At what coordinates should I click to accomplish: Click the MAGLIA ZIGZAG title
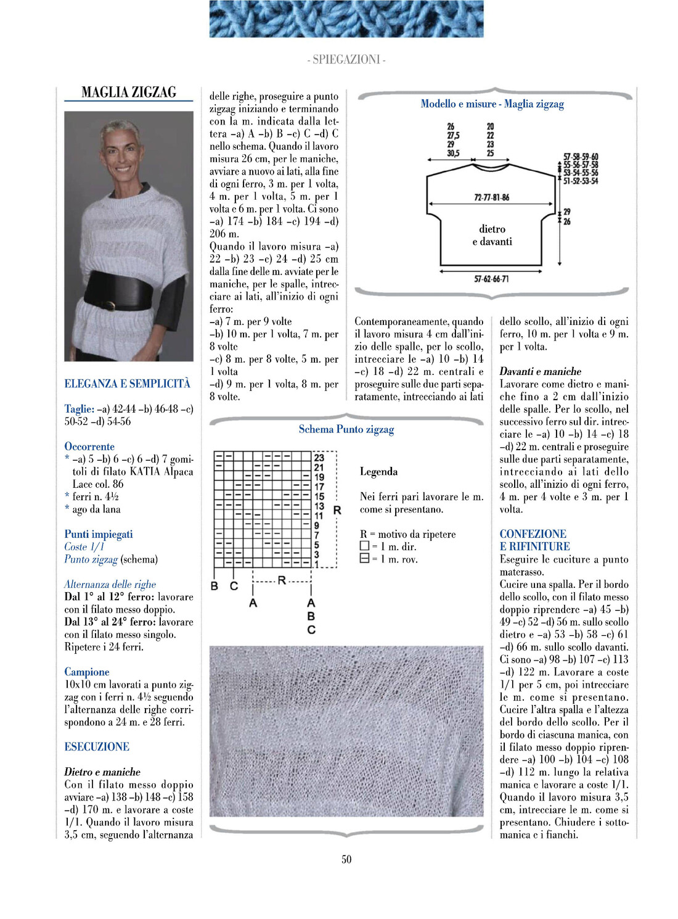point(129,93)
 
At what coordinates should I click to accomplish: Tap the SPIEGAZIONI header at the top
point(346,60)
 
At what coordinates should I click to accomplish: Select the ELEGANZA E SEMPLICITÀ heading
point(128,384)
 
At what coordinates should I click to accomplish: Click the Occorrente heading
point(89,447)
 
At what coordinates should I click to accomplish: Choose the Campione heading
point(87,672)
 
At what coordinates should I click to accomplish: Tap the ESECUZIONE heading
point(97,747)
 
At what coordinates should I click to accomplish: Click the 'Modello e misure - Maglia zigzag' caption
point(492,104)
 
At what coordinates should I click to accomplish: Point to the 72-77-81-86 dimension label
point(491,198)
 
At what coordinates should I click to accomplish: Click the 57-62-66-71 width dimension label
point(491,279)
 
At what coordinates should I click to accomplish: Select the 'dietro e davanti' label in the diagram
point(492,236)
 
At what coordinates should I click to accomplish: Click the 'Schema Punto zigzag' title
point(346,429)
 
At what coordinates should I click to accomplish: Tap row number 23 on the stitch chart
point(319,458)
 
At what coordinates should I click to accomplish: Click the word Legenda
point(378,472)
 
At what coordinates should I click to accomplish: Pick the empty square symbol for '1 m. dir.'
point(364,546)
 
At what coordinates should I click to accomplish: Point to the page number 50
point(346,859)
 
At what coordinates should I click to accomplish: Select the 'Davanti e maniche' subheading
point(540,371)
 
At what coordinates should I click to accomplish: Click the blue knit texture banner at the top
point(346,19)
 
